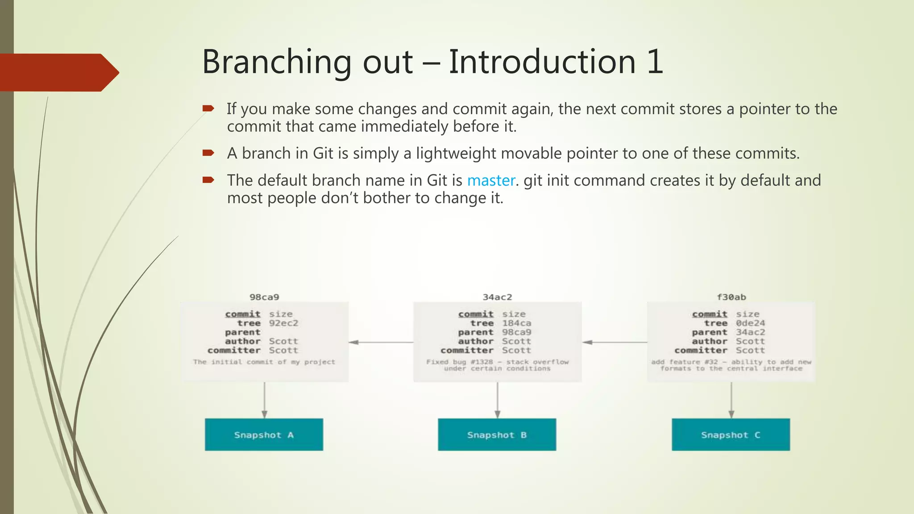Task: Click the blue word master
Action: point(491,181)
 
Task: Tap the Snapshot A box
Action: point(264,435)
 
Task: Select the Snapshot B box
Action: point(497,435)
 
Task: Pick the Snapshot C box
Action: point(731,435)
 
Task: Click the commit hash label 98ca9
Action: point(264,297)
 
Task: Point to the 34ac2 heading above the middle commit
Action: point(497,297)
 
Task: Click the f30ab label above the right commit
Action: point(731,297)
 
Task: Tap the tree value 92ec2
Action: point(283,323)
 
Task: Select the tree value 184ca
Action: point(516,323)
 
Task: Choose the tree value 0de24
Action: point(750,323)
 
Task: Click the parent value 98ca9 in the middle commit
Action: point(516,332)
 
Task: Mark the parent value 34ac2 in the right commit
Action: point(750,332)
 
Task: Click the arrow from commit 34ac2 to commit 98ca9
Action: point(381,342)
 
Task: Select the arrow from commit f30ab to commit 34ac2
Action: point(615,342)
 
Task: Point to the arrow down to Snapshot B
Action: point(497,400)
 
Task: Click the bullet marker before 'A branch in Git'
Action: point(208,153)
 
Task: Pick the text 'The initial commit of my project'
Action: point(264,362)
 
